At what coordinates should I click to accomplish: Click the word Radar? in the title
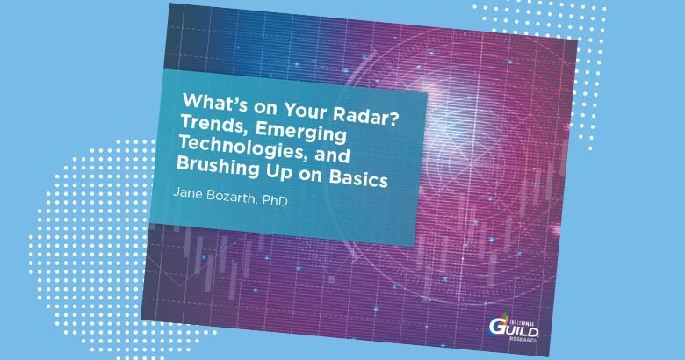coord(368,118)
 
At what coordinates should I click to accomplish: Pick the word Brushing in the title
coord(219,166)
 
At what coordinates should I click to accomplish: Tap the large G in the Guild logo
coord(496,326)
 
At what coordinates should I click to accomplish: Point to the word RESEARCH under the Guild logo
coord(523,340)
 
